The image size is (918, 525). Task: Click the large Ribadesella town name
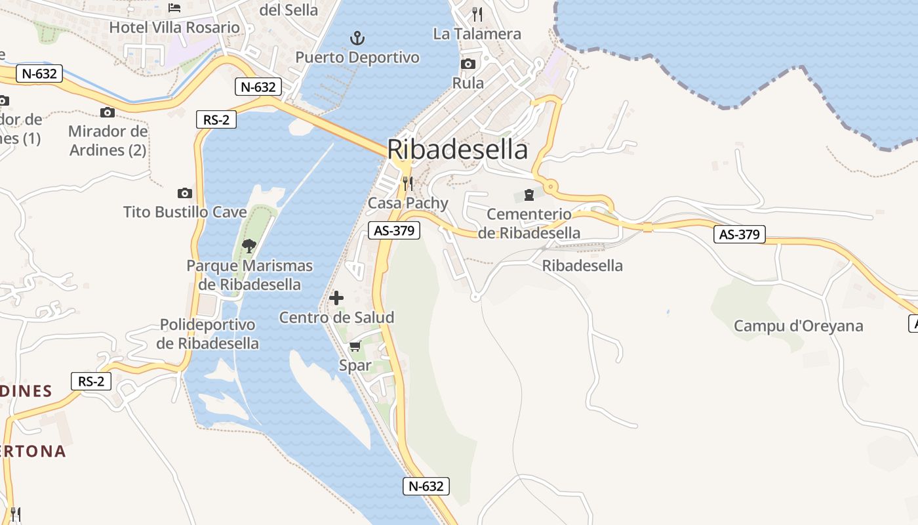point(457,150)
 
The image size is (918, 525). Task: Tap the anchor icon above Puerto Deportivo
point(357,37)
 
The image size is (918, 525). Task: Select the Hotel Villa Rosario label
point(174,28)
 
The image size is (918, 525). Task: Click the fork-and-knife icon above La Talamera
point(477,14)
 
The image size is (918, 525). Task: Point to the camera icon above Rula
point(468,64)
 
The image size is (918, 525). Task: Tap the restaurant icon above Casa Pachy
point(408,182)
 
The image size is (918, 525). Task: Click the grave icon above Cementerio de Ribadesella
point(529,195)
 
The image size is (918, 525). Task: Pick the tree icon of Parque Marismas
point(249,246)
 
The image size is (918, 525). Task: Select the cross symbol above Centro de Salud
point(336,298)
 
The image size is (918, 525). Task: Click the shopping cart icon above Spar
point(355,346)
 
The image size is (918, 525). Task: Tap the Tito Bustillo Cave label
point(185,212)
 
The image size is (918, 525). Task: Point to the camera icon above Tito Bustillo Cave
point(185,193)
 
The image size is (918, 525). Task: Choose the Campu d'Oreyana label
point(798,326)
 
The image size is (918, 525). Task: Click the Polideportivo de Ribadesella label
point(207,334)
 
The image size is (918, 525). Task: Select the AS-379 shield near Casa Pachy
point(393,230)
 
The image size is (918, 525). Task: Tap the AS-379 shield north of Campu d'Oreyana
point(739,234)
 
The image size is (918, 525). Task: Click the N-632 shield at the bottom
point(426,486)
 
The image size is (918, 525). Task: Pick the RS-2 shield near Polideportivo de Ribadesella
point(91,381)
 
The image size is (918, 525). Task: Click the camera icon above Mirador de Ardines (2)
point(108,113)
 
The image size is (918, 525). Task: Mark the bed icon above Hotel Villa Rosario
point(174,8)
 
